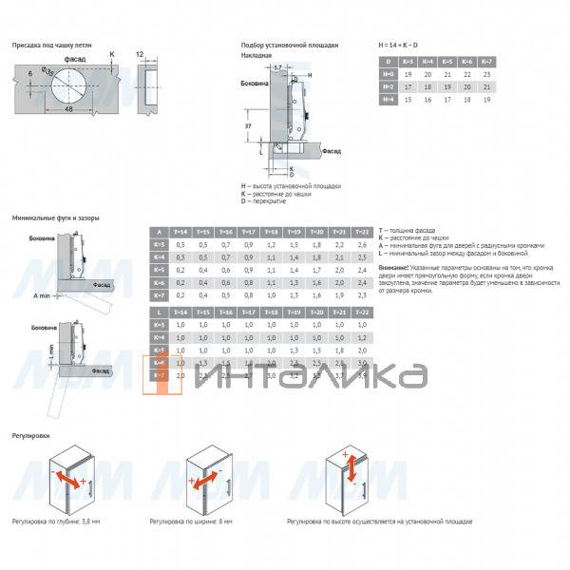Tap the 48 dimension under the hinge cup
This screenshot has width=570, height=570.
[69, 110]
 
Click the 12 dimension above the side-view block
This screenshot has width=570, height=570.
[141, 56]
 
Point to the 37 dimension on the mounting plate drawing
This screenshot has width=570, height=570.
[248, 124]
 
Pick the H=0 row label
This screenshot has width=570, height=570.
[387, 73]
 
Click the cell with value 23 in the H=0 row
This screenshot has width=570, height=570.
[486, 73]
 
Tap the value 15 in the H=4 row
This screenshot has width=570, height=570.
[407, 98]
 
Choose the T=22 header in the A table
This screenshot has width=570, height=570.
[362, 232]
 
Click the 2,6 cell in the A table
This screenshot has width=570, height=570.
[362, 244]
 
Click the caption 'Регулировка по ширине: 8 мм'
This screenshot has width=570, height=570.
[191, 522]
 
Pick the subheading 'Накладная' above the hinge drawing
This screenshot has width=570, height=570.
[257, 55]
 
